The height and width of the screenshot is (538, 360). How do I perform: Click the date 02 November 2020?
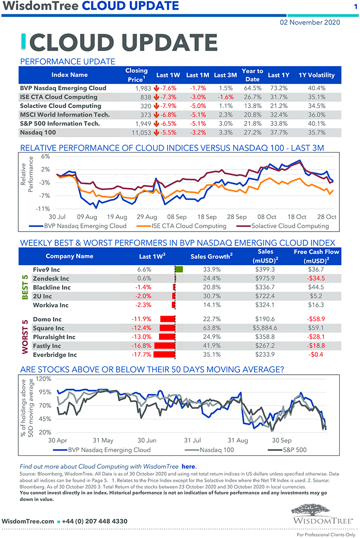pyautogui.click(x=310, y=22)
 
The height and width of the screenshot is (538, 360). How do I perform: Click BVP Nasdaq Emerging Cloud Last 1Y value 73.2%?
pyautogui.click(x=278, y=88)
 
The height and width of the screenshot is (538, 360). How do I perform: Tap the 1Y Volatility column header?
pyautogui.click(x=316, y=75)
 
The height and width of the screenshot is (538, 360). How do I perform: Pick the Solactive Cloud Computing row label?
pyautogui.click(x=54, y=106)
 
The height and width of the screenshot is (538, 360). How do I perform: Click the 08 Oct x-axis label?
pyautogui.click(x=267, y=217)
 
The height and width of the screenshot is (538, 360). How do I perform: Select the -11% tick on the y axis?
pyautogui.click(x=43, y=208)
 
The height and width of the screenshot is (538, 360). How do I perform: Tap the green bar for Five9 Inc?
pyautogui.click(x=180, y=269)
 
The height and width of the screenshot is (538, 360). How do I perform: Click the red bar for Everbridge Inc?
pyautogui.click(x=165, y=355)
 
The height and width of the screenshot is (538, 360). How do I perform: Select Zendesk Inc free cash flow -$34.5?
pyautogui.click(x=316, y=278)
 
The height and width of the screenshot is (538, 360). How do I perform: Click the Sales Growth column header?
pyautogui.click(x=212, y=257)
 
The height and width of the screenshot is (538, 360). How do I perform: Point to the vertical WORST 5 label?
pyautogui.click(x=24, y=337)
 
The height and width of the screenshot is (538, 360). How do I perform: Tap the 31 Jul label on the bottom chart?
pyautogui.click(x=192, y=440)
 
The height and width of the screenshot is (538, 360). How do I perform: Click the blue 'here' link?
pyautogui.click(x=188, y=466)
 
